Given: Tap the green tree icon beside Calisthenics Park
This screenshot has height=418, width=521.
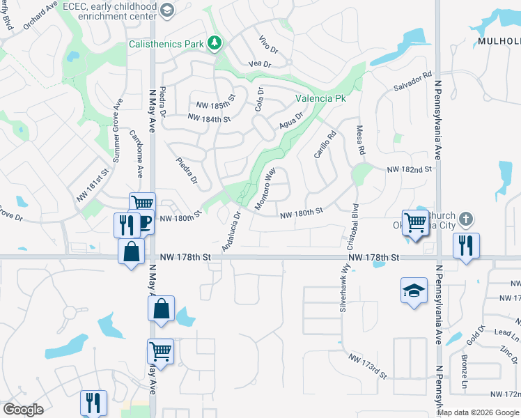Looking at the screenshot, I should [x=215, y=43].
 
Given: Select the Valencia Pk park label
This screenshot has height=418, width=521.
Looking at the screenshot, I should [x=320, y=99].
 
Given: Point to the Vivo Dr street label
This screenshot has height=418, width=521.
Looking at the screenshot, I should [x=268, y=45].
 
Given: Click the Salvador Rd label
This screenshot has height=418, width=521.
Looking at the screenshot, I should [x=413, y=82].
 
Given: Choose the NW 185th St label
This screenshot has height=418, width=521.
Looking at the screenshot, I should [x=212, y=104].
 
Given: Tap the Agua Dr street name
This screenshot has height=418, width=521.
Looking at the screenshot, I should [x=291, y=121].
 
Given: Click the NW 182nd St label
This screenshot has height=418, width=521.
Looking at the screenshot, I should [x=410, y=169].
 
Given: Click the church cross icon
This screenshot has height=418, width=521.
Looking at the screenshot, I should [x=467, y=219].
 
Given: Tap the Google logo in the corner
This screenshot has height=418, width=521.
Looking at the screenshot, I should [x=24, y=410].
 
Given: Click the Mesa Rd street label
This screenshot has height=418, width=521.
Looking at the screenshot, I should [x=361, y=140].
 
